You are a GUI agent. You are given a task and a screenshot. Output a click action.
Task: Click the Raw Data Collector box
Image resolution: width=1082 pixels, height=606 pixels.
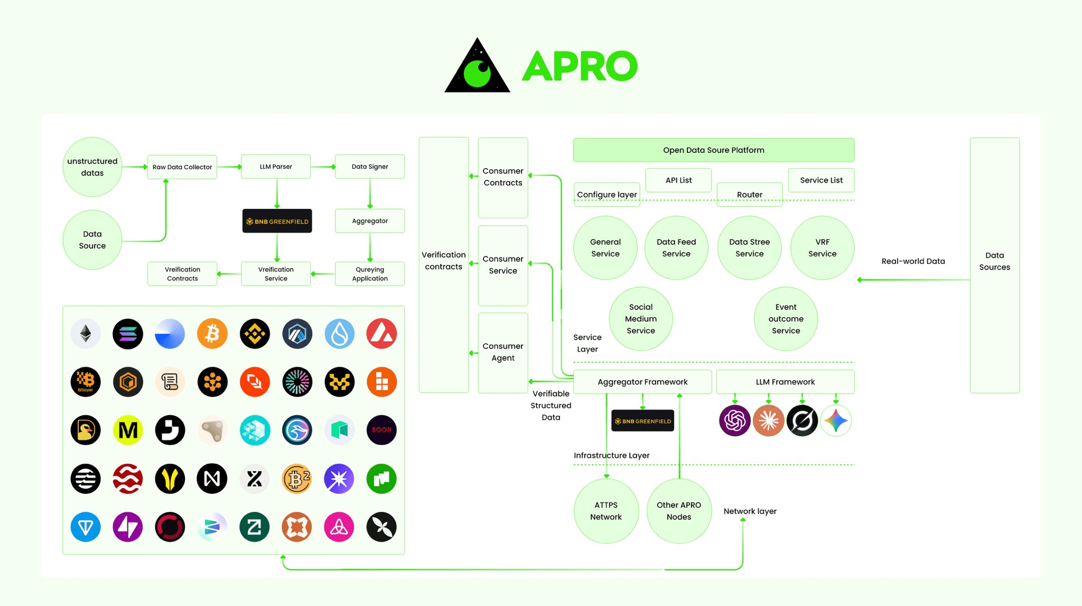(182, 167)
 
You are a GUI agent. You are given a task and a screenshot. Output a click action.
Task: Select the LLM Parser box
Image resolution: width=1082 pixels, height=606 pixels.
(276, 167)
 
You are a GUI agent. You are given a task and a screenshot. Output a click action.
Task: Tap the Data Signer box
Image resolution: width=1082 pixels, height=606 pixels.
(370, 167)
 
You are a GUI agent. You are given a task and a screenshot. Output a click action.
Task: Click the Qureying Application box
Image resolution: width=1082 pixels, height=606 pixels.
(370, 274)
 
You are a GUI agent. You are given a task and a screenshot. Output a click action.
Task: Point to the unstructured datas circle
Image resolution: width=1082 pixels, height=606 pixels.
(92, 167)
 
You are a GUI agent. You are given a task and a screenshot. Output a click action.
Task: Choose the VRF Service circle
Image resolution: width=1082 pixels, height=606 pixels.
(822, 247)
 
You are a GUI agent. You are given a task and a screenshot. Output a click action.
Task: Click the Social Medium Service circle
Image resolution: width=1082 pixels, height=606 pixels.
(641, 319)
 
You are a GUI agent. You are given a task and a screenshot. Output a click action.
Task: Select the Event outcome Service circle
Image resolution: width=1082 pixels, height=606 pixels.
(786, 319)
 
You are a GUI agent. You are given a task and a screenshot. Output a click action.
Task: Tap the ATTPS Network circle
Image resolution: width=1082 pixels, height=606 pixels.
(606, 511)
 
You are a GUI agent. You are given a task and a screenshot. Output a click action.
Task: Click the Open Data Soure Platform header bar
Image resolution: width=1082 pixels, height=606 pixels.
(714, 150)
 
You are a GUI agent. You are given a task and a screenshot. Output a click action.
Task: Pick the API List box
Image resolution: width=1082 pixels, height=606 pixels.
(678, 180)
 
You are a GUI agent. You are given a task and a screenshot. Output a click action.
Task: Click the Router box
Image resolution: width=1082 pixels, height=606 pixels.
(750, 195)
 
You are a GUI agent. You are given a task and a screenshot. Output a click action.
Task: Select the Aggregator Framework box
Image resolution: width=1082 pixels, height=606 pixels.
(642, 382)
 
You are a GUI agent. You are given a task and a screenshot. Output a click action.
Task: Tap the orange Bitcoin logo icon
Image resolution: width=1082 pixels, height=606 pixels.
(212, 334)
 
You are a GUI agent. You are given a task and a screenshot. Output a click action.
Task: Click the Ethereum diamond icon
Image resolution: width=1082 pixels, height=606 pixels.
(86, 334)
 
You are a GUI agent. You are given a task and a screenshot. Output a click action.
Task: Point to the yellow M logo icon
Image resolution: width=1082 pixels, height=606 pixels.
(128, 430)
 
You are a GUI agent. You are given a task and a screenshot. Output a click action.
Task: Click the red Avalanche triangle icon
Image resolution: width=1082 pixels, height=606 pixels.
(381, 334)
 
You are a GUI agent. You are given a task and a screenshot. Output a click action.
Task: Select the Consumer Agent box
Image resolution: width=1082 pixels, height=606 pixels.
(503, 352)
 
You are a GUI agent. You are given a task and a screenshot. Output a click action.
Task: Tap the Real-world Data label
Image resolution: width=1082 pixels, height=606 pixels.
(913, 261)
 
